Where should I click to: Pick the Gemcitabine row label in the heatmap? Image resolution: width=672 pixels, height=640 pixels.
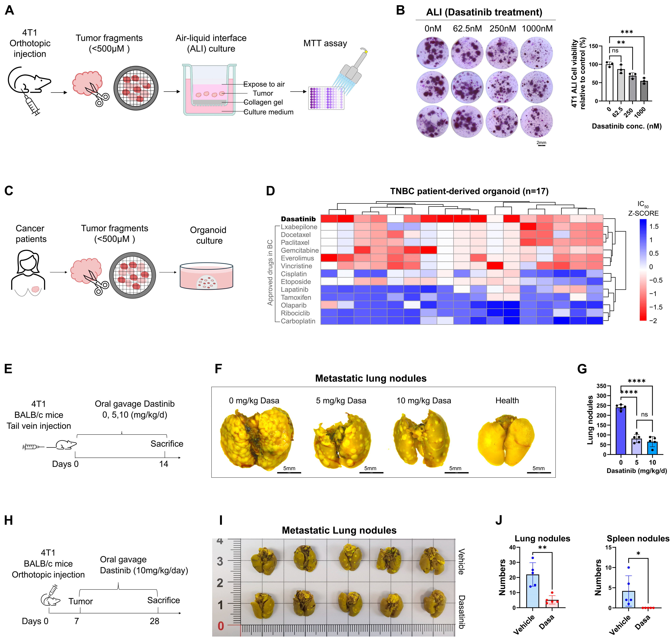(299, 250)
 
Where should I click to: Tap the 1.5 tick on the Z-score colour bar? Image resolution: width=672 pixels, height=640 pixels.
(654, 227)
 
